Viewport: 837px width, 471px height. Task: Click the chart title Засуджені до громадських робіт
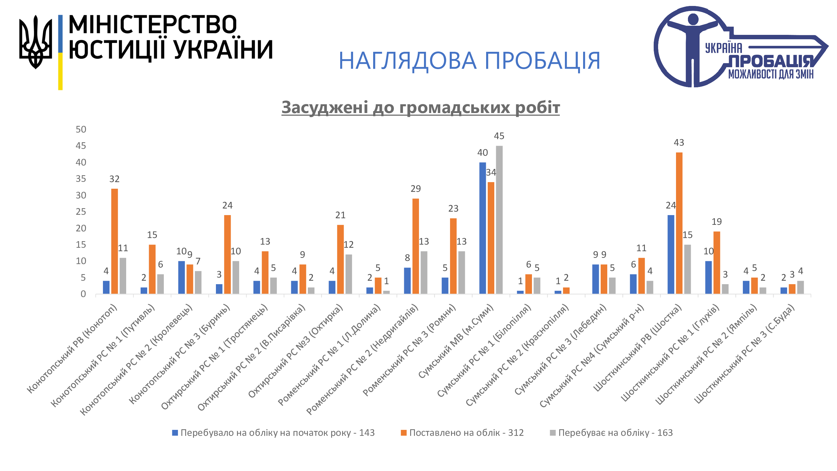click(421, 107)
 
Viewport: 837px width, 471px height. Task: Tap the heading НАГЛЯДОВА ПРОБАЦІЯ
click(469, 61)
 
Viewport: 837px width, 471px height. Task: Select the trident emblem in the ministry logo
click(35, 42)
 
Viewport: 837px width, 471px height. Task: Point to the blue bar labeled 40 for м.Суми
click(482, 228)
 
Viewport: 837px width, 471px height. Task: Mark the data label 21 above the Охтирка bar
click(340, 215)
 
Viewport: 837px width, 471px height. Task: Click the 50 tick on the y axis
click(81, 129)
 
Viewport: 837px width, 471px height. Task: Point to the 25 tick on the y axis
click(81, 212)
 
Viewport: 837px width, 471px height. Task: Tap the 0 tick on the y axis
click(83, 294)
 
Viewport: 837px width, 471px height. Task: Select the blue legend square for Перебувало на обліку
click(175, 433)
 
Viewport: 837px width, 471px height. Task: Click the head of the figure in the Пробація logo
click(693, 19)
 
